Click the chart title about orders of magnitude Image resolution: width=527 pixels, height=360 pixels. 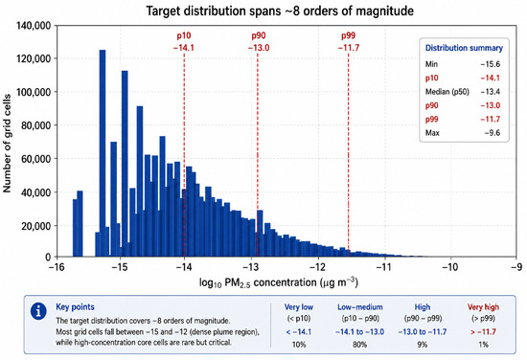click(x=280, y=11)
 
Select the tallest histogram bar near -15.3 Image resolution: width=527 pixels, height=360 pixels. click(x=103, y=153)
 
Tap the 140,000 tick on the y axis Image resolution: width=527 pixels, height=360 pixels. click(x=34, y=26)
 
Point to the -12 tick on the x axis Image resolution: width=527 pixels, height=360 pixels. click(x=317, y=267)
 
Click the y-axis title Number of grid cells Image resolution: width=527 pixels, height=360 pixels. click(x=7, y=144)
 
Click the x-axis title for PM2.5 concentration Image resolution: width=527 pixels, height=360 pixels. click(x=279, y=282)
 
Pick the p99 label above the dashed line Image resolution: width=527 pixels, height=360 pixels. click(x=348, y=35)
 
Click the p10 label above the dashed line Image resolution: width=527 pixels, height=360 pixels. click(x=184, y=35)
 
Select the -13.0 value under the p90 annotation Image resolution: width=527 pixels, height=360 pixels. click(x=259, y=48)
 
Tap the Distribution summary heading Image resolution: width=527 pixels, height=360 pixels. click(x=464, y=48)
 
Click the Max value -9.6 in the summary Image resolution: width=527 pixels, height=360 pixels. click(x=493, y=133)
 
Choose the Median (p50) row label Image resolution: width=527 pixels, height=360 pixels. click(x=447, y=92)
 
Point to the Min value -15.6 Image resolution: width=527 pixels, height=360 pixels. click(x=491, y=64)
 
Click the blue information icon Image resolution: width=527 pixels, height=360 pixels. click(x=38, y=311)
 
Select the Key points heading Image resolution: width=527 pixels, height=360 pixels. click(x=75, y=307)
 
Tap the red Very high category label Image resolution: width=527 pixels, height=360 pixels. click(x=483, y=307)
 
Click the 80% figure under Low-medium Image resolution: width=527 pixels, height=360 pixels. click(x=359, y=345)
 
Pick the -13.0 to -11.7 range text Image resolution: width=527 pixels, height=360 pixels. click(x=423, y=332)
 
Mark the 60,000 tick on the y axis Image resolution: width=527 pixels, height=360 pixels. click(x=34, y=159)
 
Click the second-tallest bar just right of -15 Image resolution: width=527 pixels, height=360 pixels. click(x=125, y=164)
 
